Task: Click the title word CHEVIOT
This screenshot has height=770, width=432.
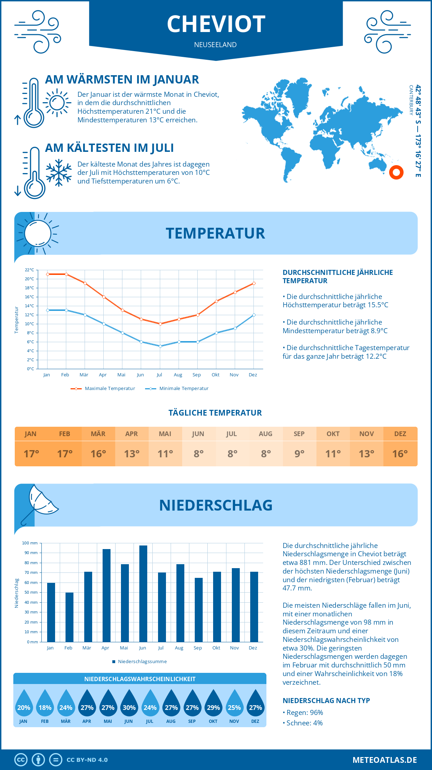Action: pos(216,24)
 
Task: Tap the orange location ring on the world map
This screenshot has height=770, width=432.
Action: pos(396,172)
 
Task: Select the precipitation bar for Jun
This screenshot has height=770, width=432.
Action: pos(143,594)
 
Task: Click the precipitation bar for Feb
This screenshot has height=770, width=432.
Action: pos(69,617)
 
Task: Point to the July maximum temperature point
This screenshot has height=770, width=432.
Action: pos(160,324)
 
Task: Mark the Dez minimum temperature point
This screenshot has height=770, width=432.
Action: pos(254,315)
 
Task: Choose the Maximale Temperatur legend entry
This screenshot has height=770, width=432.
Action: pos(103,389)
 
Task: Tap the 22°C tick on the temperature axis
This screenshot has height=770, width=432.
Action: pos(30,270)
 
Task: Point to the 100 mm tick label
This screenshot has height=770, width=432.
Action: pos(30,543)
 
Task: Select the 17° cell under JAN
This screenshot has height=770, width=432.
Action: pos(31,454)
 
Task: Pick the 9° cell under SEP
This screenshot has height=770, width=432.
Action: pos(300,454)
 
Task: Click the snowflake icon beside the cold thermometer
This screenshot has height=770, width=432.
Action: pos(59,173)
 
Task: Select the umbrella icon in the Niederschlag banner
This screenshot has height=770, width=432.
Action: pos(40,504)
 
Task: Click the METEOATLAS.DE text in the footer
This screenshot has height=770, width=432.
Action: pos(384,760)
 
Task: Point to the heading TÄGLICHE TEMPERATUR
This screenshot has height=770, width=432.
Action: pos(215,413)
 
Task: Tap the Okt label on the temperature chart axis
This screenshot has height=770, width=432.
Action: pos(215,375)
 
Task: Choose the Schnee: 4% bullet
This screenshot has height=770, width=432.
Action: pos(303,723)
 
